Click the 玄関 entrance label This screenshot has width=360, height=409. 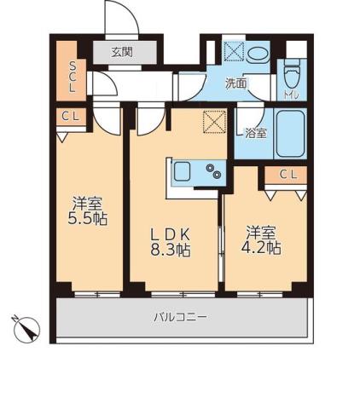tap(122, 51)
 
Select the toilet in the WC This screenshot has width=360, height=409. tap(293, 75)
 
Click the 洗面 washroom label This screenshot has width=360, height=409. tap(235, 84)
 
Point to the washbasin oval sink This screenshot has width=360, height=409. tap(257, 53)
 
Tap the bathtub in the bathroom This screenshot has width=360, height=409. tap(290, 133)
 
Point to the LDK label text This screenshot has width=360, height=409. tap(171, 233)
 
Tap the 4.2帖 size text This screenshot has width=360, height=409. tap(263, 248)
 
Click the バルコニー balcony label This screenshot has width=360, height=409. tap(180, 317)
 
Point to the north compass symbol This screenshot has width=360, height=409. tap(28, 328)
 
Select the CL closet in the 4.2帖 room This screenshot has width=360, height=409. tap(287, 176)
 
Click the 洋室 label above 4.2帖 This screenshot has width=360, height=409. tap(263, 231)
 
